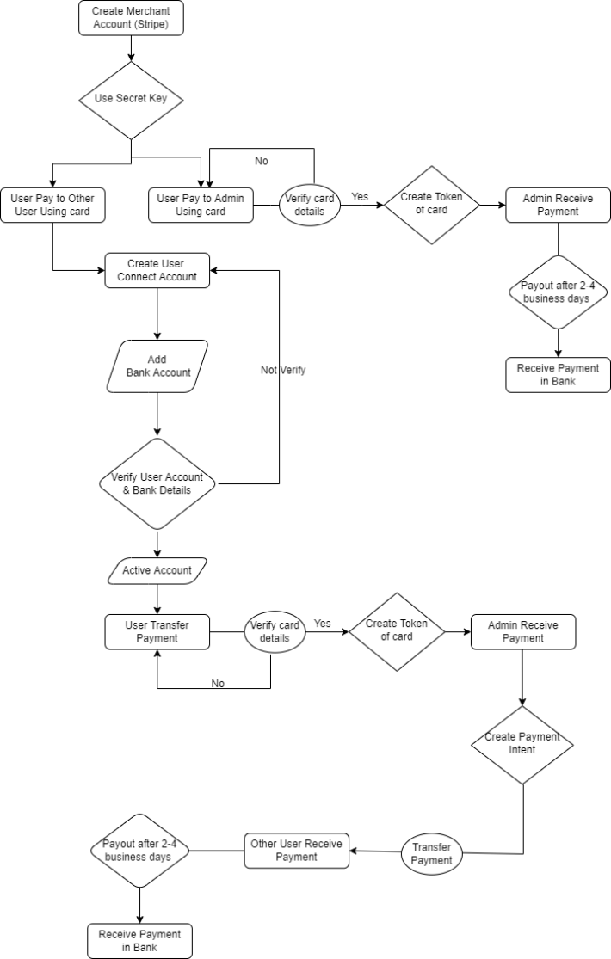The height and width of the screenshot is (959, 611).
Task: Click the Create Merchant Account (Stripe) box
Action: coord(131,18)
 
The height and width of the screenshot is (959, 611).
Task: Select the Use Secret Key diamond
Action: coord(131,99)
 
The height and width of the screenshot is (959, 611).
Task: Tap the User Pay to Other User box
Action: coord(52,205)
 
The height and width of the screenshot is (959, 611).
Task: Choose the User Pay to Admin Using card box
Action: coord(201,205)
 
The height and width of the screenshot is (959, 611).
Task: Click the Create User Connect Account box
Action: coord(157,270)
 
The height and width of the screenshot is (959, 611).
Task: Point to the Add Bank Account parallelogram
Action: coord(157,366)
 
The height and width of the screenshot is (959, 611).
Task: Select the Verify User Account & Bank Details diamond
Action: coord(157,483)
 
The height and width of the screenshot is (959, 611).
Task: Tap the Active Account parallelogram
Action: coord(157,570)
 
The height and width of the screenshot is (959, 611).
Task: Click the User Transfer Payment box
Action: coord(157,631)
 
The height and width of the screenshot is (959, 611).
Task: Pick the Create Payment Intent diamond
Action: coord(522,744)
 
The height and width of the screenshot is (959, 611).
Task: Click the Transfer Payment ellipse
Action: coord(431,854)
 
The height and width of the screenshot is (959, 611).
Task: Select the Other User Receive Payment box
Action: coord(296,850)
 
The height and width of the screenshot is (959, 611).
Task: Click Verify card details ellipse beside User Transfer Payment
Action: coord(275,632)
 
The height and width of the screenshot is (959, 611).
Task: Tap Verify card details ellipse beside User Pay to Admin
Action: coord(310,205)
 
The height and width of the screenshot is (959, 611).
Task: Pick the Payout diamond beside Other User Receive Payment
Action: coord(139,851)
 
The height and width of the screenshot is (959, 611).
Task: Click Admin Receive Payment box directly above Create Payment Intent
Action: coord(522,631)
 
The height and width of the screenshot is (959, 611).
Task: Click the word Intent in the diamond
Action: coord(522,750)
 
